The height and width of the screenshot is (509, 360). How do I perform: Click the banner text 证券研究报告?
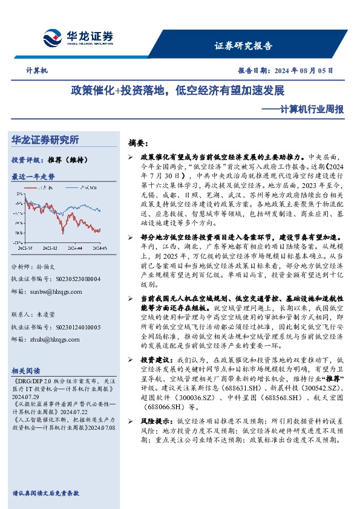pos(243,46)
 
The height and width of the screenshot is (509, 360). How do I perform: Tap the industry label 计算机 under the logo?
pos(37,71)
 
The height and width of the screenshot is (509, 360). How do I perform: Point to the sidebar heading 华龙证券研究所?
pos(45,140)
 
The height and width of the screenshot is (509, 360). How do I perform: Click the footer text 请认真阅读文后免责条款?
pos(45,493)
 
